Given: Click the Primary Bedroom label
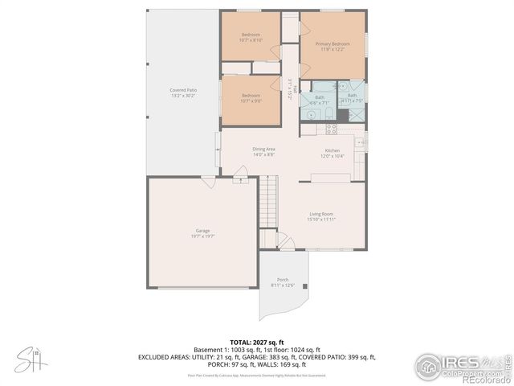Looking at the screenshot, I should click(x=332, y=43).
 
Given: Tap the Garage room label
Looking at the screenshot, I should click(x=202, y=230).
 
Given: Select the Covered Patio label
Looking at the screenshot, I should click(x=182, y=89).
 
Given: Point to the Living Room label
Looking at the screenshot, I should click(x=321, y=214).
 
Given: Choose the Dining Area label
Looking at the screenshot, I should click(x=264, y=149).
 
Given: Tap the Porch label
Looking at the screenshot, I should click(x=283, y=279).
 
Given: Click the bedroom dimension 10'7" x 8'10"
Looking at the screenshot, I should click(x=251, y=40).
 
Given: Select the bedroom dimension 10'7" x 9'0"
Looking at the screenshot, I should click(x=251, y=101).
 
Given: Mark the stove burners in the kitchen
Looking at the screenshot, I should click(x=330, y=129).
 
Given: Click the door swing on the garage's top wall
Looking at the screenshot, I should click(x=207, y=183).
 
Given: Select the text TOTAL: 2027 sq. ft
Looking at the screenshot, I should click(x=256, y=342).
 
